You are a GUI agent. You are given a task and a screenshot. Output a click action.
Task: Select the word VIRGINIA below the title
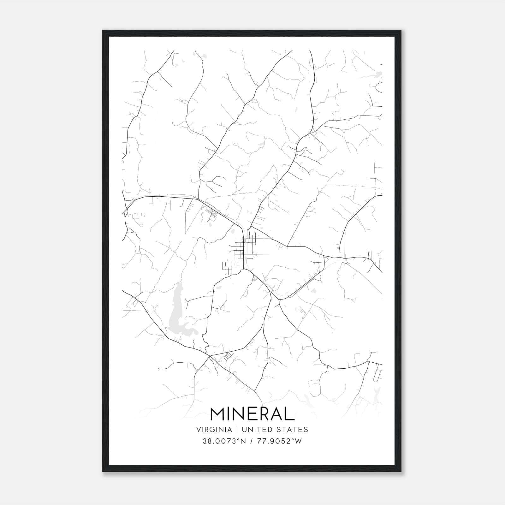(x=214, y=430)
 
